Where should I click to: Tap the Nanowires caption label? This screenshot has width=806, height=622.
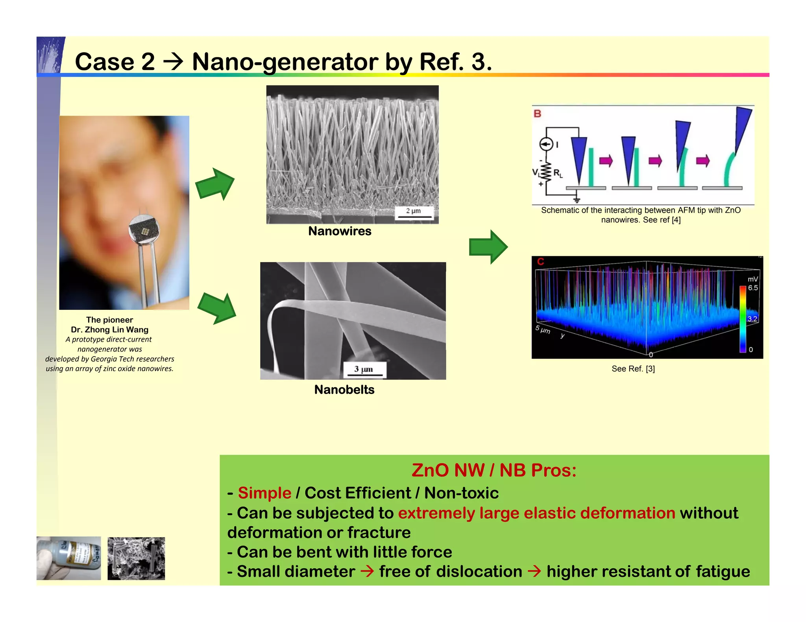pyautogui.click(x=340, y=231)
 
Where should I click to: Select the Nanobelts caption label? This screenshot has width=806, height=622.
pyautogui.click(x=344, y=390)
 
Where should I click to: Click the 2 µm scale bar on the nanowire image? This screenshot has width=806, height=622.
pyautogui.click(x=414, y=213)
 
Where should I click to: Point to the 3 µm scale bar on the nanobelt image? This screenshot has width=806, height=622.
pyautogui.click(x=364, y=370)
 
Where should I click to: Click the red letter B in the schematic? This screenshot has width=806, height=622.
pyautogui.click(x=537, y=114)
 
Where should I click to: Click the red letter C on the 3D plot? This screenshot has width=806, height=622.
pyautogui.click(x=541, y=262)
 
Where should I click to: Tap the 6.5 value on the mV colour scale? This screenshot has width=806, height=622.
pyautogui.click(x=753, y=288)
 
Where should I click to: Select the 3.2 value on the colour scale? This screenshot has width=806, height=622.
pyautogui.click(x=752, y=318)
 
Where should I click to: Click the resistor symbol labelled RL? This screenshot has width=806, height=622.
pyautogui.click(x=546, y=172)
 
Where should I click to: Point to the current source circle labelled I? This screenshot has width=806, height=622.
pyautogui.click(x=546, y=145)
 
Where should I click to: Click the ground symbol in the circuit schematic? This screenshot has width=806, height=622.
pyautogui.click(x=577, y=200)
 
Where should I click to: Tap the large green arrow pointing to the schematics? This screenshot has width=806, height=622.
pyautogui.click(x=488, y=247)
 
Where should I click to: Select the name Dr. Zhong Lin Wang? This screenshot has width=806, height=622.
pyautogui.click(x=109, y=329)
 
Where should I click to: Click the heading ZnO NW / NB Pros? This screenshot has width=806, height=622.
pyautogui.click(x=494, y=470)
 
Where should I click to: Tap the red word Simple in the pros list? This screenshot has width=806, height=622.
pyautogui.click(x=264, y=493)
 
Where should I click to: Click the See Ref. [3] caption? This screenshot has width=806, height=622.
pyautogui.click(x=633, y=369)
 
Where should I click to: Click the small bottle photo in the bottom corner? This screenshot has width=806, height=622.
pyautogui.click(x=69, y=558)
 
